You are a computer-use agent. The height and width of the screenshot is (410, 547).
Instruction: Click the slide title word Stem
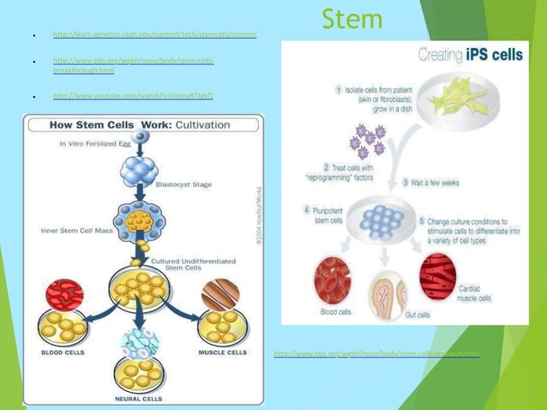[352, 18]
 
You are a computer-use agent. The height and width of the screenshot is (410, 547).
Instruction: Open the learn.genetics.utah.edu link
[154, 35]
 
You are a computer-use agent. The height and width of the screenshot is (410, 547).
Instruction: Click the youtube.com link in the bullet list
[133, 96]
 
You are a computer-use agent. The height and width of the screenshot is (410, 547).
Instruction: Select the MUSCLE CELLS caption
[221, 353]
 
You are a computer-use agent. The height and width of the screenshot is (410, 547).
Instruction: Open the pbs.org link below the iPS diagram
[376, 353]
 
